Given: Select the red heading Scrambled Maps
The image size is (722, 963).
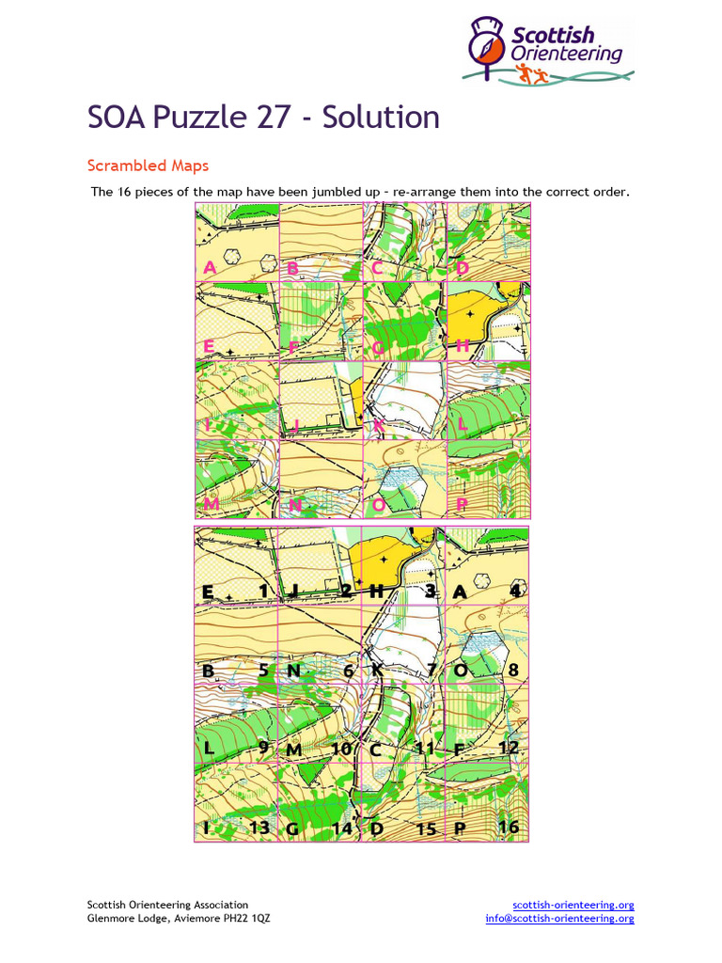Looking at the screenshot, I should pos(148,166).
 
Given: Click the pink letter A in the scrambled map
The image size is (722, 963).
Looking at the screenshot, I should pos(210,268).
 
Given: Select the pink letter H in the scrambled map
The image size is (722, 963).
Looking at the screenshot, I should pos(462,347).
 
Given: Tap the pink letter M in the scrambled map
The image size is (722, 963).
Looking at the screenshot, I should pos(212,505).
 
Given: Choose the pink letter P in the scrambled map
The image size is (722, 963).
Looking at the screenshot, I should pos(461,505).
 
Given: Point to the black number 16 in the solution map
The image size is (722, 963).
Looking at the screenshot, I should pos(509,828).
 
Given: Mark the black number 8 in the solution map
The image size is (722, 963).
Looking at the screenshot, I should pos(513,671).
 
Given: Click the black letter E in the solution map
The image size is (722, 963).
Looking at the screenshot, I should pos(208,591).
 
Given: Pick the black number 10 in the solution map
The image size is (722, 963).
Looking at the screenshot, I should pos(341,749).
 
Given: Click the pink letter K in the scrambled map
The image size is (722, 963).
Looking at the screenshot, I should pos(378,426).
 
